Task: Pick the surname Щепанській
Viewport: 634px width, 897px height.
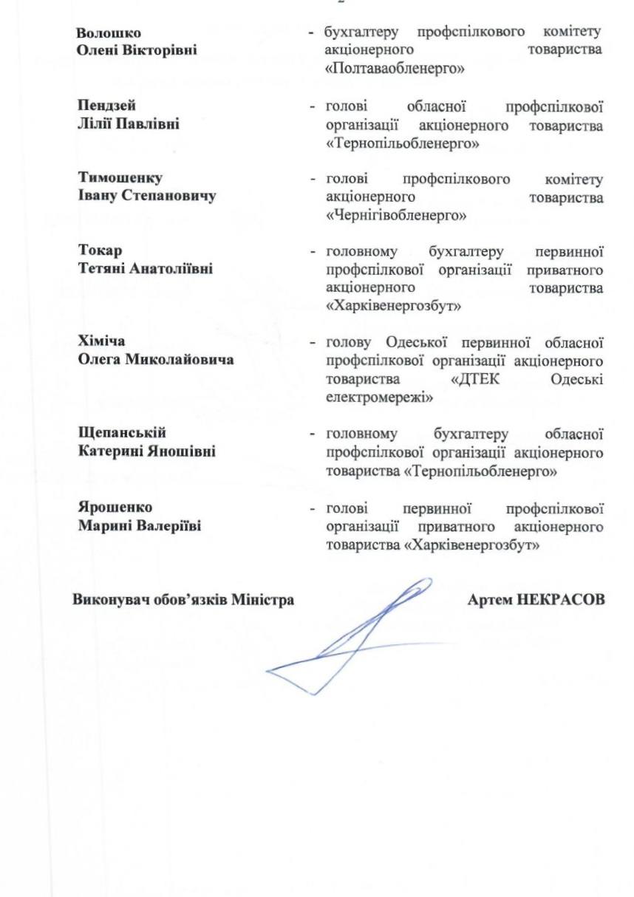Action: [122, 432]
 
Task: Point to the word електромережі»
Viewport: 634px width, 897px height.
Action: [379, 397]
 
